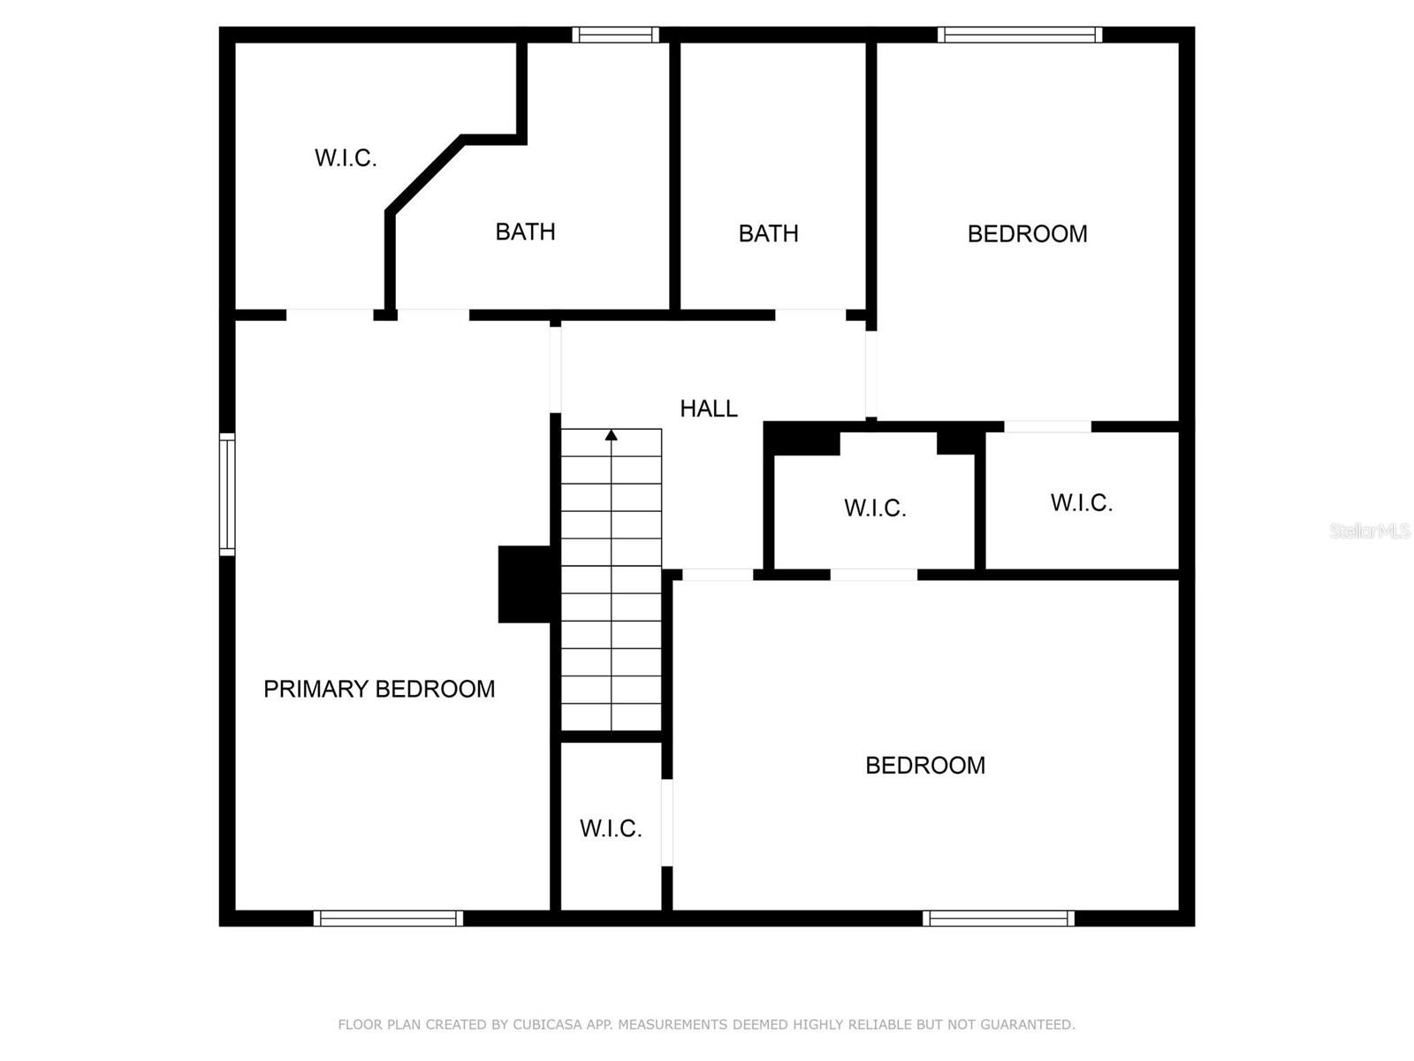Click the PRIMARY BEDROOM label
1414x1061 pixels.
point(379,689)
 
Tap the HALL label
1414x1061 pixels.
point(709,408)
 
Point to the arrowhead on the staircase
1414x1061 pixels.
point(611,434)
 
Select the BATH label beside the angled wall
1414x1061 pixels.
point(525,232)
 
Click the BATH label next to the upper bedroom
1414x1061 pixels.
point(768,233)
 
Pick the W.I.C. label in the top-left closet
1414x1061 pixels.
point(346,158)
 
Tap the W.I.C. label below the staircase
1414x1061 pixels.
point(611,828)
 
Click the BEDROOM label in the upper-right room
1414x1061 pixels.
point(1027,234)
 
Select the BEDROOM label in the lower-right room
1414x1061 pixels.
point(925,766)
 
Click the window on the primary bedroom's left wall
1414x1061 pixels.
point(227,494)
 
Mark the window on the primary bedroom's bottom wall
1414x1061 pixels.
point(388,919)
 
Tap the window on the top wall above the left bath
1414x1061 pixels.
point(615,35)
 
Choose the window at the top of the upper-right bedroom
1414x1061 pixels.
point(1020,35)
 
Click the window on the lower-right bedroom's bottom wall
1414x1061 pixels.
point(999,919)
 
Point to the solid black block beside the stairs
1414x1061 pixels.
point(527,584)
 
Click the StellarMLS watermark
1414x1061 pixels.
point(1370,531)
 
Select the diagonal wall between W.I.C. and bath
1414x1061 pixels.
point(424,175)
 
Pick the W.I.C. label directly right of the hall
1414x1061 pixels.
point(875,508)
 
